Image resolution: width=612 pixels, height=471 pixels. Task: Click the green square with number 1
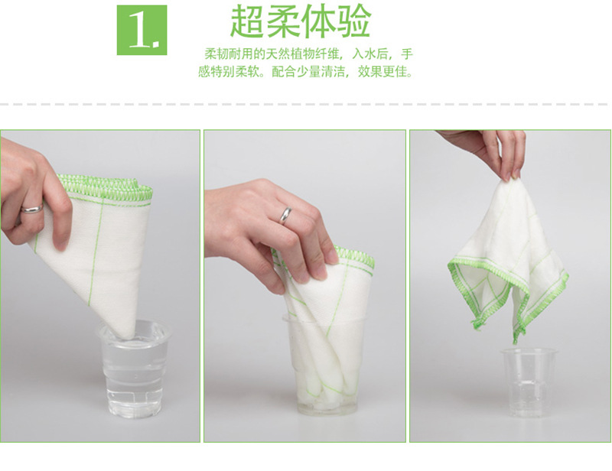[142, 30]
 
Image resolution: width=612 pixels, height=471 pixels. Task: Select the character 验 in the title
[353, 22]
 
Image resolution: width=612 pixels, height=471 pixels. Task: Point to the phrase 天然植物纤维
[307, 55]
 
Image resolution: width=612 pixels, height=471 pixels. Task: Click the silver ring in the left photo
[31, 208]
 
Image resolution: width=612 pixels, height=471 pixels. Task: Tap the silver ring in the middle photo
[285, 215]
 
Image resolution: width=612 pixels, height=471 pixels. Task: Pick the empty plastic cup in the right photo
[529, 382]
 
